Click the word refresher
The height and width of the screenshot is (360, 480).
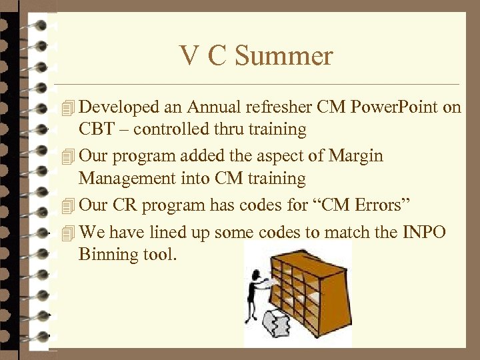pyautogui.click(x=281, y=107)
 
